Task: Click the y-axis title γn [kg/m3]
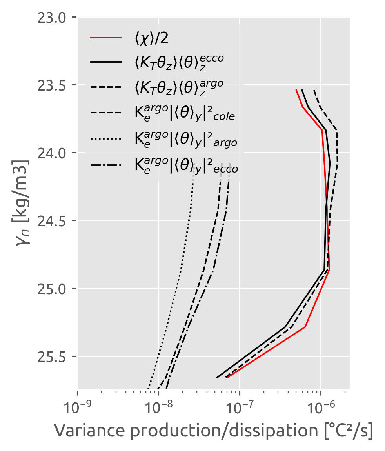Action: coord(23,204)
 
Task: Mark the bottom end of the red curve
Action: coord(227,378)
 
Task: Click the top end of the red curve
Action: coord(296,90)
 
